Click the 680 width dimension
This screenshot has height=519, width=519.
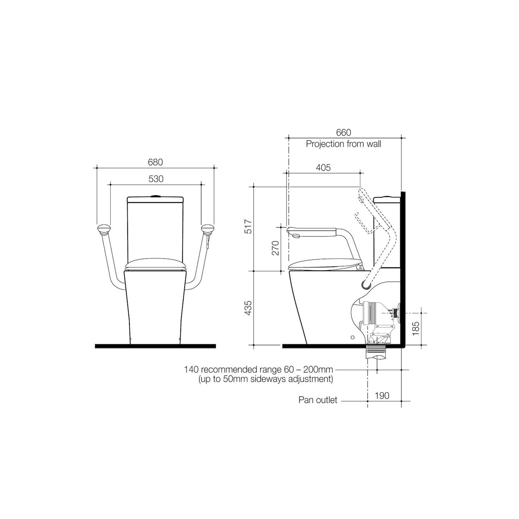[155, 162]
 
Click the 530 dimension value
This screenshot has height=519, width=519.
[156, 179]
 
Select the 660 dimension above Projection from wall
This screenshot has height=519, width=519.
[343, 133]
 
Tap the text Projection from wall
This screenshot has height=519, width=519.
[343, 144]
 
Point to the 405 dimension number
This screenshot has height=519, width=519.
[323, 168]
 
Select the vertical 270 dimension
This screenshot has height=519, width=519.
[276, 248]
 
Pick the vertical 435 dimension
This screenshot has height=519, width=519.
[248, 308]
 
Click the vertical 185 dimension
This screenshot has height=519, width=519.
[416, 328]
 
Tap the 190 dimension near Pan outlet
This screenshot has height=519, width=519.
[382, 395]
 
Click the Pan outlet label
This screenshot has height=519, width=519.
[318, 400]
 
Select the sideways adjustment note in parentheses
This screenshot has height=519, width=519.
[266, 379]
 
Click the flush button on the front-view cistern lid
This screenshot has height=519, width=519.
[155, 196]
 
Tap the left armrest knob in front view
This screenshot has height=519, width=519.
[103, 229]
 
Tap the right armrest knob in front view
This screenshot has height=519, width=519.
[207, 229]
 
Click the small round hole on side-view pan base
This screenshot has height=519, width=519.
[352, 337]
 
